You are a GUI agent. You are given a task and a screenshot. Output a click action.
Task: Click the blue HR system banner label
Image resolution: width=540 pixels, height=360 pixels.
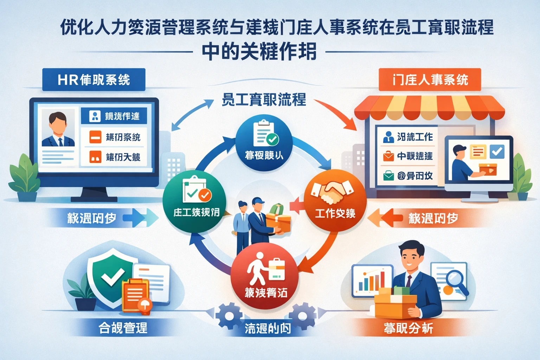tap(94, 80)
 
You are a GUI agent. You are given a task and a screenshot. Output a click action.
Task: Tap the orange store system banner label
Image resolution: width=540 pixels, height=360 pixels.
tap(430, 80)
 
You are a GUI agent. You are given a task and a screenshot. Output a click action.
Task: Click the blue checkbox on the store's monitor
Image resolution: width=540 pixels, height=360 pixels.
tap(497, 152)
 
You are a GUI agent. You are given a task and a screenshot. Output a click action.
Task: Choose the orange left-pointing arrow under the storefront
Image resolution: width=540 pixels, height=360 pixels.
tap(387, 218)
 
